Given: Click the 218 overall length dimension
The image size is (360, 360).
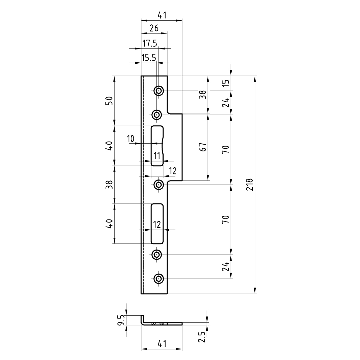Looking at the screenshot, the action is click(249, 185).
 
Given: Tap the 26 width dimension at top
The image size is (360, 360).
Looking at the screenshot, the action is click(154, 28).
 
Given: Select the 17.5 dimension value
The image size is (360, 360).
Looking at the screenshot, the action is click(150, 43).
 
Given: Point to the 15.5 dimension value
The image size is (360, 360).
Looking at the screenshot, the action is click(149, 58).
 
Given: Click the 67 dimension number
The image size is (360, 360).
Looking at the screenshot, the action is click(203, 147).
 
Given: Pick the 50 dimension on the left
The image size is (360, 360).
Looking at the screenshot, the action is click(109, 101).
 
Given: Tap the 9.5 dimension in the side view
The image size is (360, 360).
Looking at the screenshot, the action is click(121, 320).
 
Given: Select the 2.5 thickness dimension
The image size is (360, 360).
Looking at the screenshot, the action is click(202, 337).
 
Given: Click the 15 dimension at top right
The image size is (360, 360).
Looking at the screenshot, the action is click(226, 83).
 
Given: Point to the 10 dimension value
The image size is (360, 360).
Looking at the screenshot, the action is click(130, 139).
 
